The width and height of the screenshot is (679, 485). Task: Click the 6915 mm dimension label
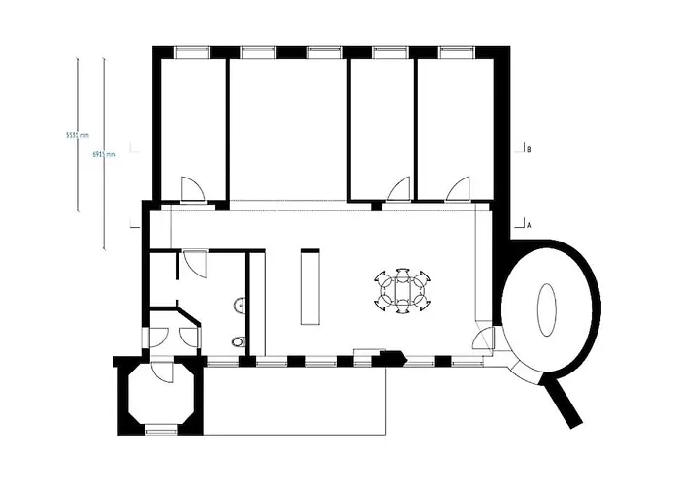[104, 154]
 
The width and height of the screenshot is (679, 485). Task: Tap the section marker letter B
[528, 150]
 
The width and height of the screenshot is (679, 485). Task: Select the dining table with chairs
[402, 291]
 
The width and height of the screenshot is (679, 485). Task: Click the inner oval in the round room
[548, 308]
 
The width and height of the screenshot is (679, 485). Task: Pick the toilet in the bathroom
[238, 341]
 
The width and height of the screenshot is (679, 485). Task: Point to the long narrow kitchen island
[310, 288]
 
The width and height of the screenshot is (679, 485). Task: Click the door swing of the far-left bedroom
[192, 189]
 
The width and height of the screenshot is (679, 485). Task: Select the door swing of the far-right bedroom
[458, 188]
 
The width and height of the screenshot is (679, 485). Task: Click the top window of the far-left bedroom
[190, 51]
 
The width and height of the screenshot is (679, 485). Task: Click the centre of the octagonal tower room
[161, 398]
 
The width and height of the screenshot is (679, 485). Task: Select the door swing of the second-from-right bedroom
[397, 189]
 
